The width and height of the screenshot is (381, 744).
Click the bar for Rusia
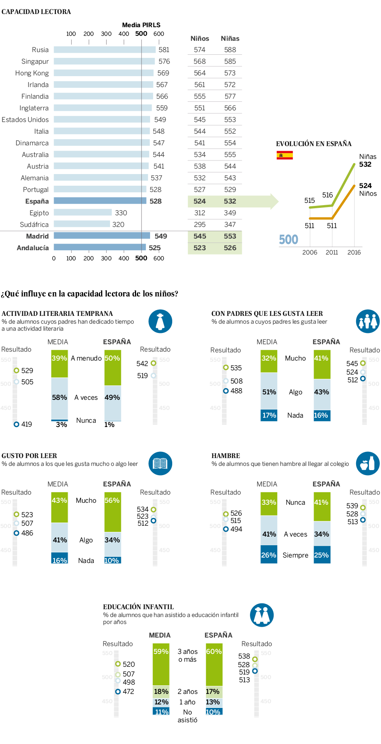point(105,50)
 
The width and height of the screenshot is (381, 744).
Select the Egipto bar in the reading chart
point(83,213)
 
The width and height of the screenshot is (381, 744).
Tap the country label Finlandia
point(35,96)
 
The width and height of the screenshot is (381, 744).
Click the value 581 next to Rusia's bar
point(164,50)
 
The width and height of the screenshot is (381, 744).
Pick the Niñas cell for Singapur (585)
point(230,61)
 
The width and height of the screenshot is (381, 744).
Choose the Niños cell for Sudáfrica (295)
point(199,225)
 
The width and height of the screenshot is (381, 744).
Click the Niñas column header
point(230,38)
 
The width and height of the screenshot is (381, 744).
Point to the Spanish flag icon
point(285,155)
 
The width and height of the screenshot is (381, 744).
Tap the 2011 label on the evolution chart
point(332,253)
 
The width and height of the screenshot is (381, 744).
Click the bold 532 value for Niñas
point(365,164)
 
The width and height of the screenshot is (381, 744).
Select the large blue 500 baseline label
point(288,239)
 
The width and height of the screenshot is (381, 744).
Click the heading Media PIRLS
point(141,25)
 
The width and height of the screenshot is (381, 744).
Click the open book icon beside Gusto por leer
point(160,463)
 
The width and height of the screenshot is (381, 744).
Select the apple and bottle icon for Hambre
point(367,463)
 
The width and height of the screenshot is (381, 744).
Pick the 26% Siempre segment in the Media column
point(269,554)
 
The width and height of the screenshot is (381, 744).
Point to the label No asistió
point(187,716)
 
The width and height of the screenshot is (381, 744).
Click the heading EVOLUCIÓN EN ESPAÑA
point(313,144)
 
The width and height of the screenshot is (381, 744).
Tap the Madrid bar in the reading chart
point(102,236)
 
